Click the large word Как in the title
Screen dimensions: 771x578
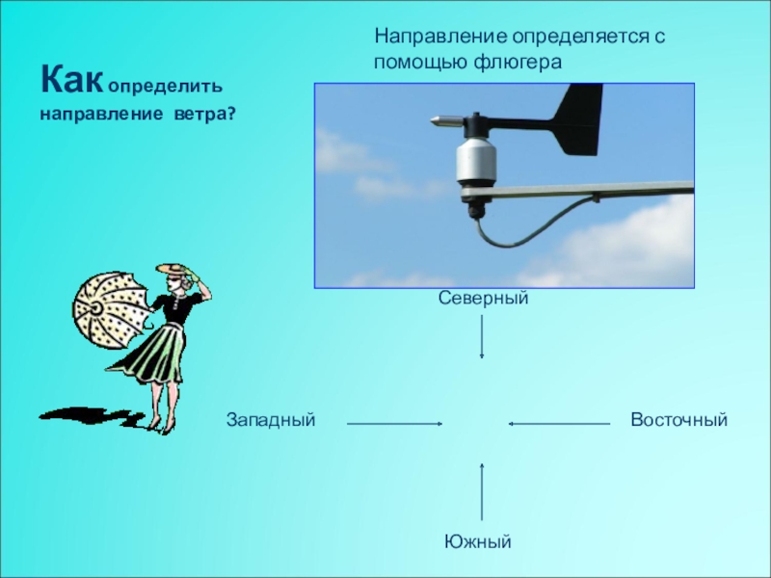71,76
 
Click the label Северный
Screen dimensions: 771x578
484,300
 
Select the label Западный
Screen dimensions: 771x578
271,421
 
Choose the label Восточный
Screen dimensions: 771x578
678,421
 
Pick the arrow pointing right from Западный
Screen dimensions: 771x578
394,423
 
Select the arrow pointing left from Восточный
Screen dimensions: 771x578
560,423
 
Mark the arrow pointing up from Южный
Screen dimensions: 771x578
482,492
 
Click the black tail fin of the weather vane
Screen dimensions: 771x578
578,120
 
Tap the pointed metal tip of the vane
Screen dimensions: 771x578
439,121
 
